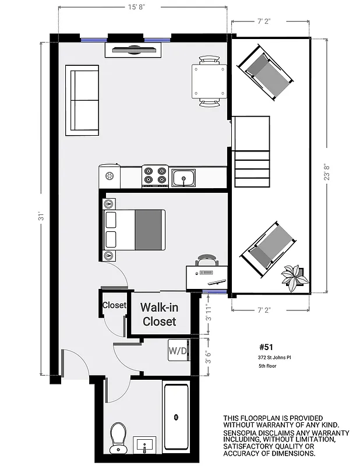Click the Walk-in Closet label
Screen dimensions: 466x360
pos(159,314)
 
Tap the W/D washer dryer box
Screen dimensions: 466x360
pos(177,351)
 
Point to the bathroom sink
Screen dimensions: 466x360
pos(144,446)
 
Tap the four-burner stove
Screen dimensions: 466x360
pos(155,176)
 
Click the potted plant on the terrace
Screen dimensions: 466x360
pos(295,276)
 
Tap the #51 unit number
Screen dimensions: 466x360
pos(266,345)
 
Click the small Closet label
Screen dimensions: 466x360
pos(114,305)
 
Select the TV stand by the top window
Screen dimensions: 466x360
pos(133,50)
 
